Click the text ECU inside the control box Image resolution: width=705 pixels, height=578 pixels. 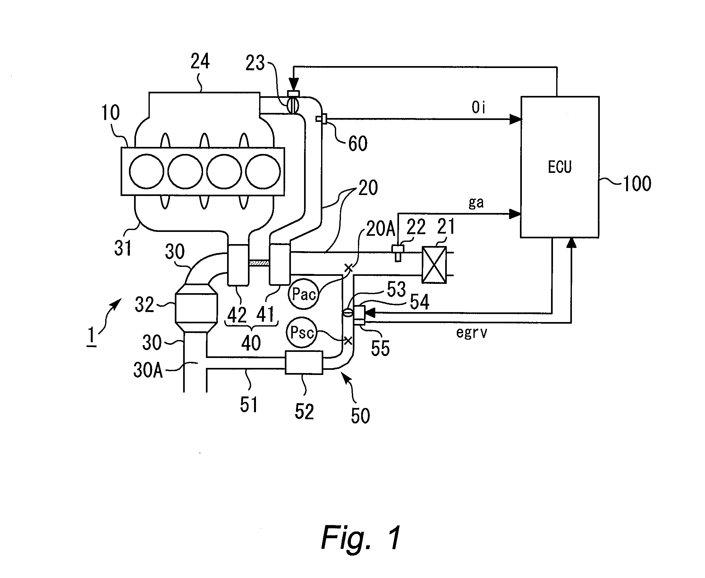coord(559,167)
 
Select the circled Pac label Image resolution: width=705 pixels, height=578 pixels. coord(303,294)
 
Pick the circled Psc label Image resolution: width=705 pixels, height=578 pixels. coord(302,332)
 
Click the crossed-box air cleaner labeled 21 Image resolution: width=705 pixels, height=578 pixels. coord(434,265)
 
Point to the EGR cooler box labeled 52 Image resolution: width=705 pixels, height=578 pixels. coord(304,362)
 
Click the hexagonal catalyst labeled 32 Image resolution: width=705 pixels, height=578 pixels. coord(196,308)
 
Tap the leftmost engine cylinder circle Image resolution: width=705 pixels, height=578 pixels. coord(147,171)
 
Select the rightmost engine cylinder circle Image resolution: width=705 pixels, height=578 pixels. coord(263,171)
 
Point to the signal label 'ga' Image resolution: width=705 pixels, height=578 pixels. coord(476,203)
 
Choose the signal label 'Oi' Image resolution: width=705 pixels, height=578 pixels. coord(479,107)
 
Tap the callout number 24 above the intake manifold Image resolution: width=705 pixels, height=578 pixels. coord(200,61)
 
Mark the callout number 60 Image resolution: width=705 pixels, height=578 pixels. coord(358,143)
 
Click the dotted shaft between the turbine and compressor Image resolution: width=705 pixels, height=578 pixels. coord(259,263)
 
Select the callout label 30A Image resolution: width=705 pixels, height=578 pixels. coord(148,370)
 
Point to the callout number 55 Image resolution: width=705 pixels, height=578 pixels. coord(380,349)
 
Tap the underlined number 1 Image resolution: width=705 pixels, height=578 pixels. coord(91,336)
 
